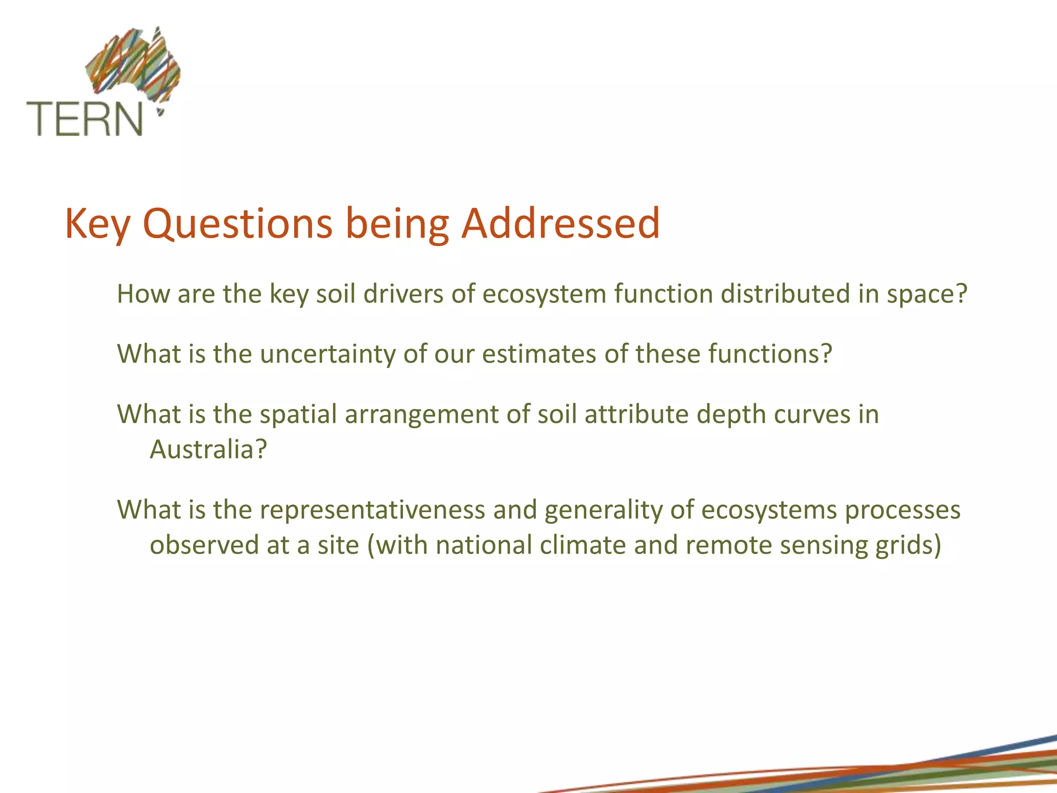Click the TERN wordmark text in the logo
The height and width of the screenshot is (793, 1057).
[84, 119]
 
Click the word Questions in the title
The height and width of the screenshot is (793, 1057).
[237, 224]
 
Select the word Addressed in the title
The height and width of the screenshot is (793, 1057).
[560, 224]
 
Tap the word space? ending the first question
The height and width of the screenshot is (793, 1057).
[926, 295]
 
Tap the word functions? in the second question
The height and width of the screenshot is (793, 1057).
[734, 354]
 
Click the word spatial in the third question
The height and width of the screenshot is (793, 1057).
[298, 415]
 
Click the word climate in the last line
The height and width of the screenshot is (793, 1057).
[583, 545]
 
